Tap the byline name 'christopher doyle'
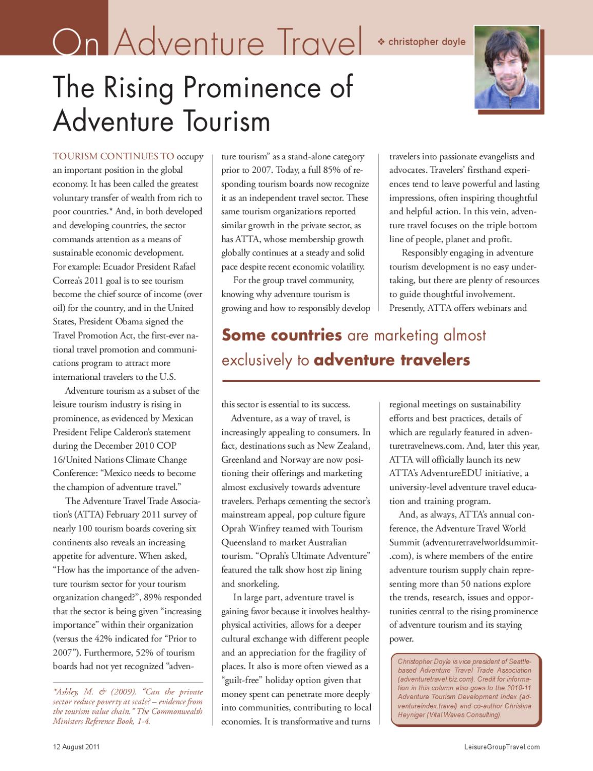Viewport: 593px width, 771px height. (x=427, y=42)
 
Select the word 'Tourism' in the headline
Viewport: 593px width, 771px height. (x=225, y=121)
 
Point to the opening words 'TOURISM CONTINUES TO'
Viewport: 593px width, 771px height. (x=113, y=156)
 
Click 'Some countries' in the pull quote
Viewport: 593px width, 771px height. (x=281, y=335)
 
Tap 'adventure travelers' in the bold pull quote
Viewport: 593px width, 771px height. (x=392, y=360)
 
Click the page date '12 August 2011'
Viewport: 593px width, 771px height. (x=76, y=747)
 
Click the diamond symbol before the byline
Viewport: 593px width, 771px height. (x=381, y=42)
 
